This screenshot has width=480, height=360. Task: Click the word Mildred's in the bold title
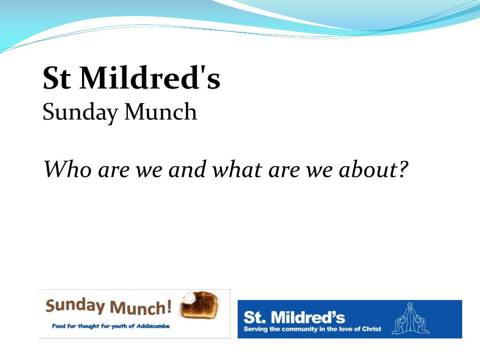coord(150,78)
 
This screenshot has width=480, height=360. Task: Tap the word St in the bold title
coord(57,78)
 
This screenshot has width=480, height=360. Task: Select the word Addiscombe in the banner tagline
coord(152,326)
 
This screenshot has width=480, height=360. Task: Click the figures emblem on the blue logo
coord(411,319)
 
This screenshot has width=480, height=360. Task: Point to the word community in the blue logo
coord(300,329)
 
